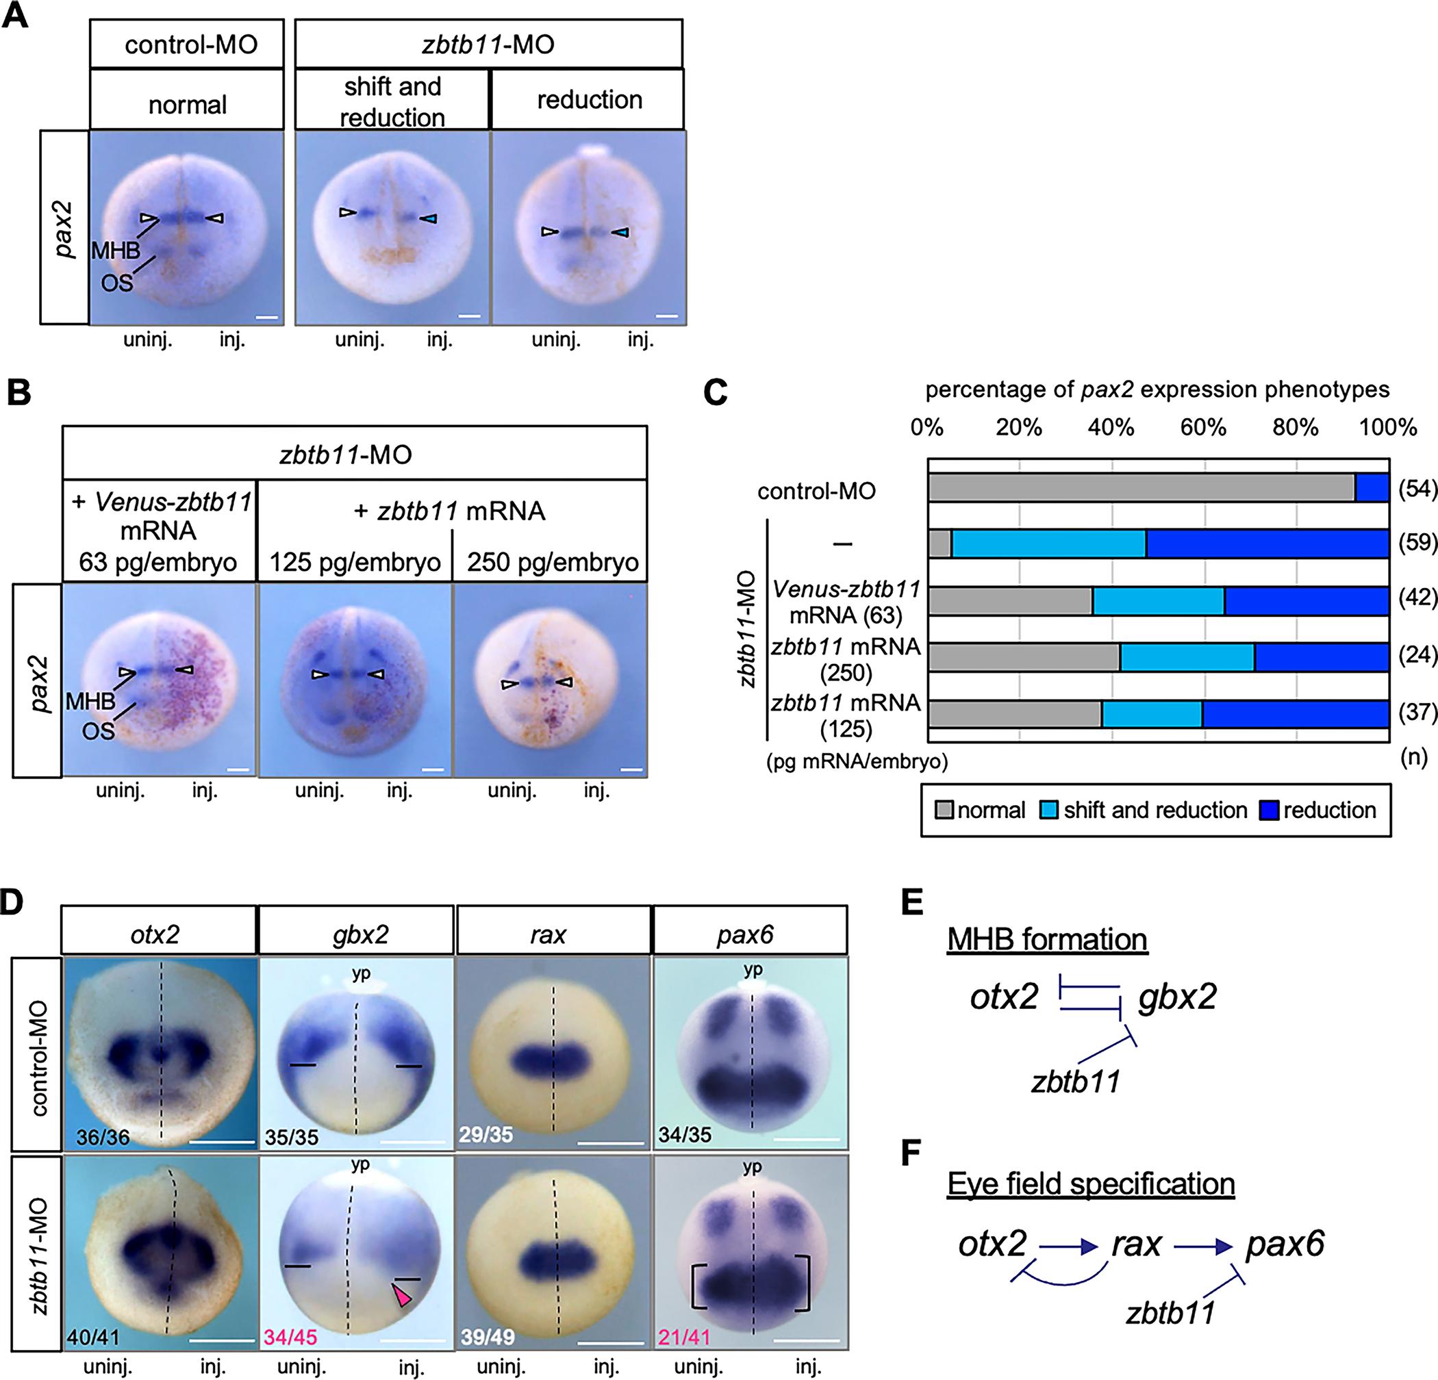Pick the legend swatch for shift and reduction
1049,810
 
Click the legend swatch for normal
944,810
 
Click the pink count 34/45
291,1337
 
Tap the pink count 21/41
684,1337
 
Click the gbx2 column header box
356,935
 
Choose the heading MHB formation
1047,938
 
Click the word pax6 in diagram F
1285,1244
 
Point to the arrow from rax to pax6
1202,1245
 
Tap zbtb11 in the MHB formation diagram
1076,1082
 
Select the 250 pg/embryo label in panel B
553,563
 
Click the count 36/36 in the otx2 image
103,1137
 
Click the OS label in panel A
116,282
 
